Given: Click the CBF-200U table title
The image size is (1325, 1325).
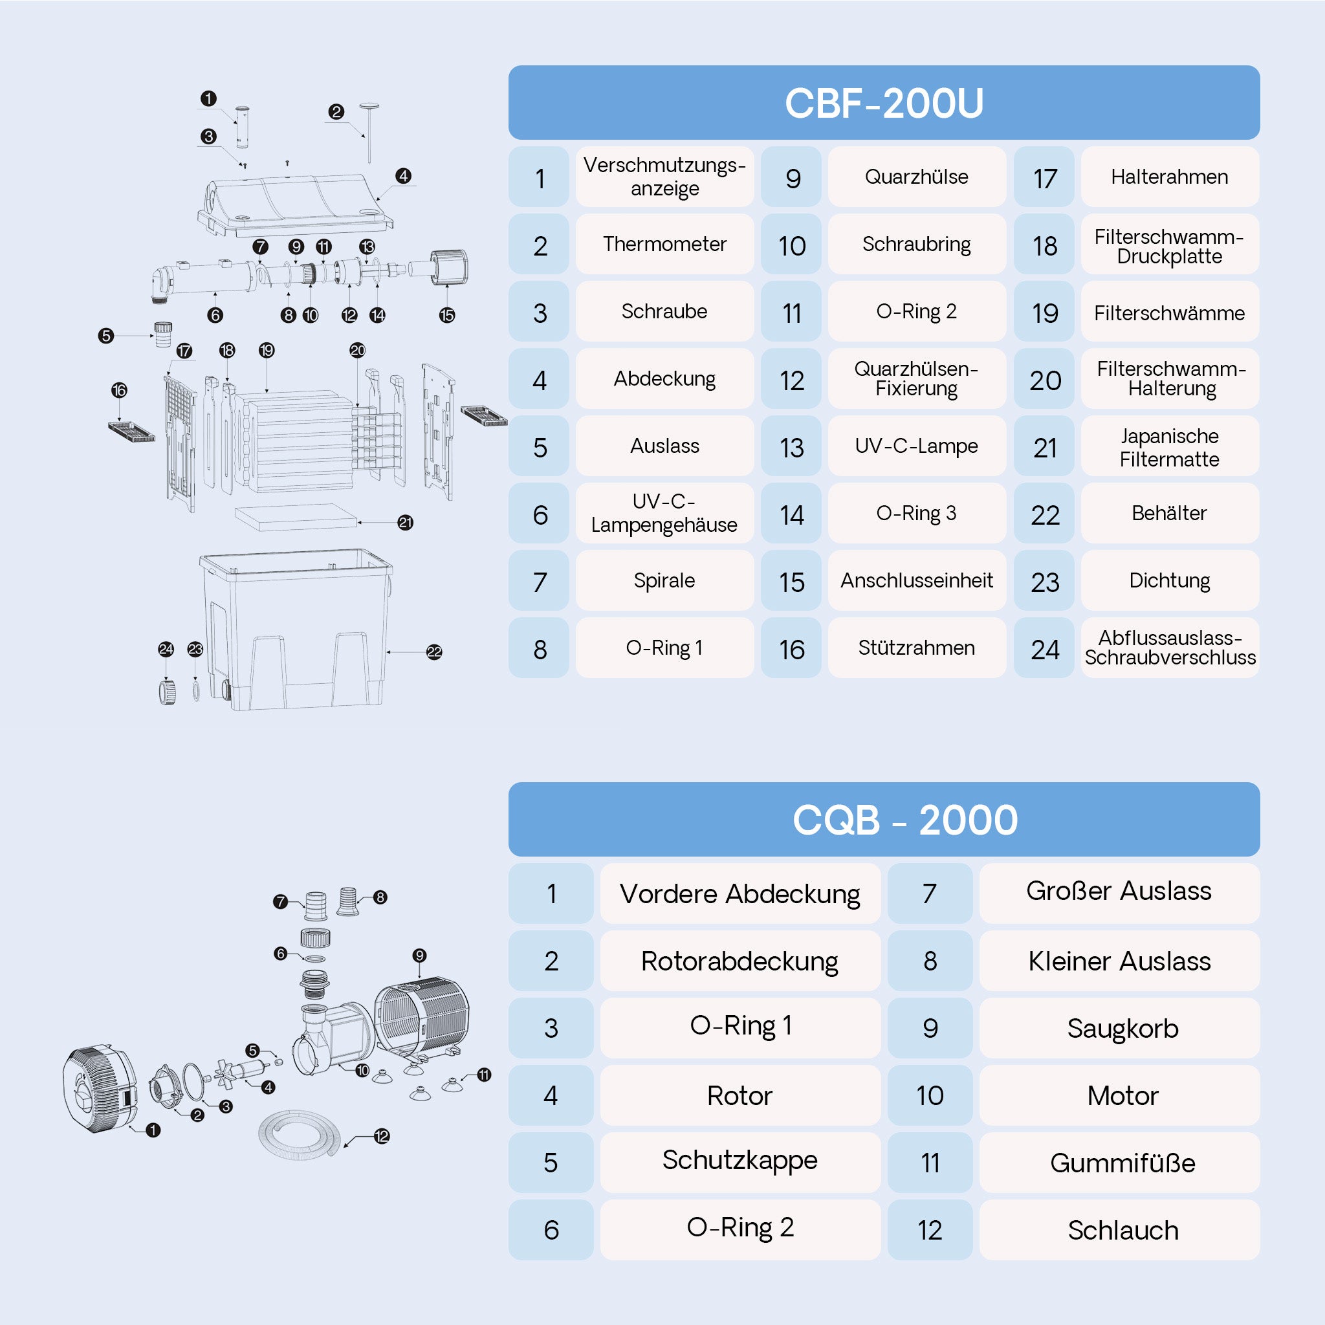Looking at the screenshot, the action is click(884, 103).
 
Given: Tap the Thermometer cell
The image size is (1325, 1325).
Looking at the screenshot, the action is click(664, 244).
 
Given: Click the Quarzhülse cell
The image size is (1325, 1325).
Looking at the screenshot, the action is click(917, 177).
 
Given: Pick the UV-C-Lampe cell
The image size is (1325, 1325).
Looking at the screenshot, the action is click(917, 446).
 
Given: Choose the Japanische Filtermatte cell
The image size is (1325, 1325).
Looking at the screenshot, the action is click(1170, 446).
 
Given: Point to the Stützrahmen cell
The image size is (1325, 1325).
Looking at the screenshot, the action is click(917, 648).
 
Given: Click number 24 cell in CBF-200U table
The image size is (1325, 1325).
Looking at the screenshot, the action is click(1044, 648).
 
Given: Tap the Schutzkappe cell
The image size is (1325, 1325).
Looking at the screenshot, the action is click(741, 1163).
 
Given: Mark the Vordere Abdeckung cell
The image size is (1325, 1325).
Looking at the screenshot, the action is click(741, 893).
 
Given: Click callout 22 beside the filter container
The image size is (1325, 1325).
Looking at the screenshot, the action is click(434, 652).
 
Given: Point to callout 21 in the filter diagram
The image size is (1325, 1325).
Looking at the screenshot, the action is click(405, 523).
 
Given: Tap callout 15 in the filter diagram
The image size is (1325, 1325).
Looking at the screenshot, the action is click(447, 316).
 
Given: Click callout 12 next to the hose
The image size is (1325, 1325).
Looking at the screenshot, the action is click(382, 1136).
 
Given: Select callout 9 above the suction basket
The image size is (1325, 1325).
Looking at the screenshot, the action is click(420, 956).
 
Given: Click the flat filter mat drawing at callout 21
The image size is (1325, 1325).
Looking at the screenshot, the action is click(296, 517).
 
